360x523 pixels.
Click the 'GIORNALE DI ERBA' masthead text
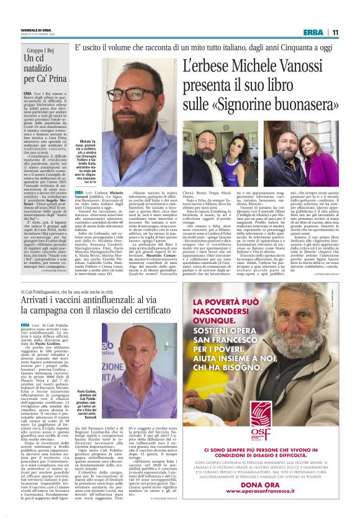click(x=38, y=29)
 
